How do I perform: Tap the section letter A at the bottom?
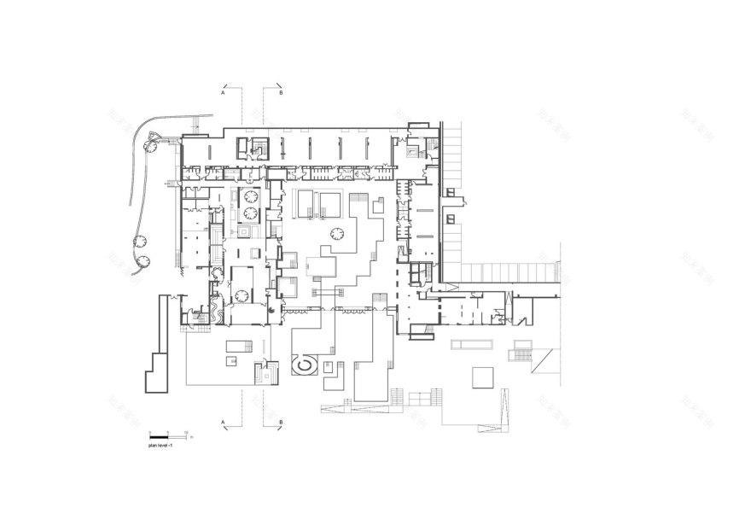click(x=224, y=423)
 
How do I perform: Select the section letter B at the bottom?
click(x=281, y=423)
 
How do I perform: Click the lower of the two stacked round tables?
click(x=252, y=213)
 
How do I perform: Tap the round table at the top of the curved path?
click(x=150, y=146)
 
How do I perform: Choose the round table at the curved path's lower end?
click(x=143, y=260)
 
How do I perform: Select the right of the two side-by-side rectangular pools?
click(x=331, y=203)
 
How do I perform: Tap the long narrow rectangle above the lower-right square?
click(x=472, y=344)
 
